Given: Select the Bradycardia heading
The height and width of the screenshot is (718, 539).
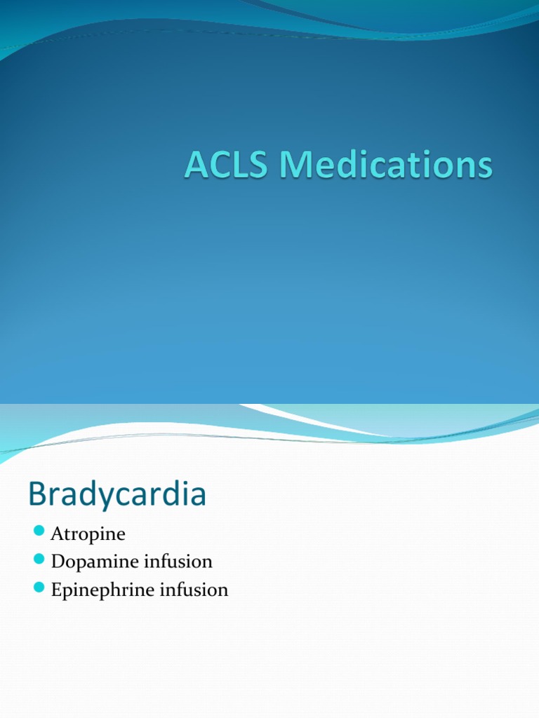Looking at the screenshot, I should click(x=117, y=495).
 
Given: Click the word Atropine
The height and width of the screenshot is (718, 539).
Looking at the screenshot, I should click(x=88, y=534).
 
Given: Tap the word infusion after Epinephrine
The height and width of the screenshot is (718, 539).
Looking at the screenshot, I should click(x=193, y=590).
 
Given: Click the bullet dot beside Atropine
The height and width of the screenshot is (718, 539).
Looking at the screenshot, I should click(x=39, y=530).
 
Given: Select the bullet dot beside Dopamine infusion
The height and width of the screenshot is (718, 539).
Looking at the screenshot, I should click(x=39, y=558).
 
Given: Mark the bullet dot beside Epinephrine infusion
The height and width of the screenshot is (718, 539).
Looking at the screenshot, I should click(x=39, y=586).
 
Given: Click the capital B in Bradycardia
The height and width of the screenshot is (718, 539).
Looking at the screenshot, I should click(x=37, y=495).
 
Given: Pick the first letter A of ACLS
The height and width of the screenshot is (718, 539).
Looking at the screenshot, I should click(x=197, y=167).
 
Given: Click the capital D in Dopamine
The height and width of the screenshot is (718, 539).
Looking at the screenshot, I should click(x=58, y=562).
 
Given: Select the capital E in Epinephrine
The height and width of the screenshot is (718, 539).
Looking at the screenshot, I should click(x=57, y=590).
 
